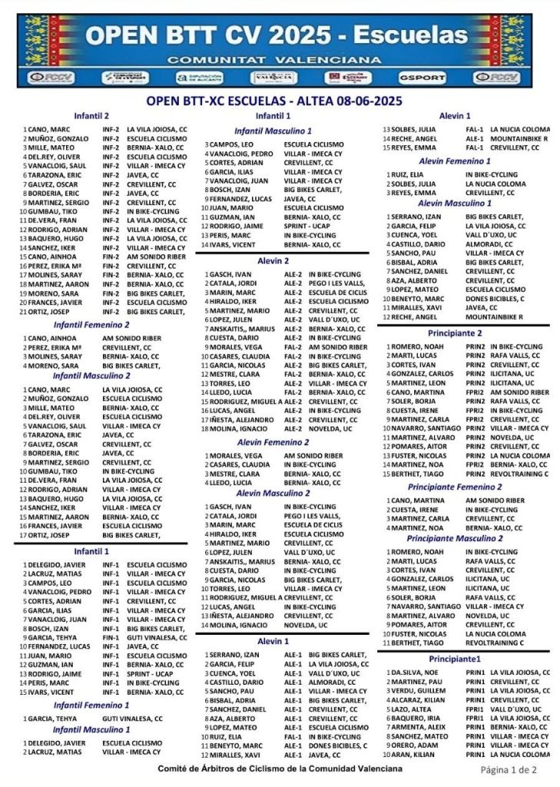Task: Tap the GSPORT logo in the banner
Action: [419, 78]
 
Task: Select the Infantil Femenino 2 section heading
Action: [91, 325]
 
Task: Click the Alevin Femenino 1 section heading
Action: [454, 161]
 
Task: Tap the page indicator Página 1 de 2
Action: [509, 769]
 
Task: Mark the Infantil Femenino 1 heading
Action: [91, 704]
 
